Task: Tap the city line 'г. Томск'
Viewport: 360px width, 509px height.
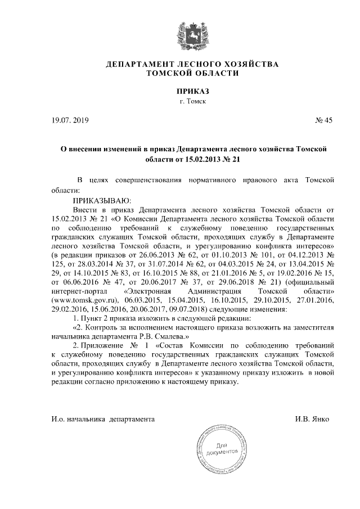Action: click(193, 102)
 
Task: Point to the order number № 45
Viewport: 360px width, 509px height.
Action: click(325, 120)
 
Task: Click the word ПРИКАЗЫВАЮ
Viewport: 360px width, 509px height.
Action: click(102, 200)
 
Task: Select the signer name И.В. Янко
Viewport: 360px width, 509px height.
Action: click(312, 419)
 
